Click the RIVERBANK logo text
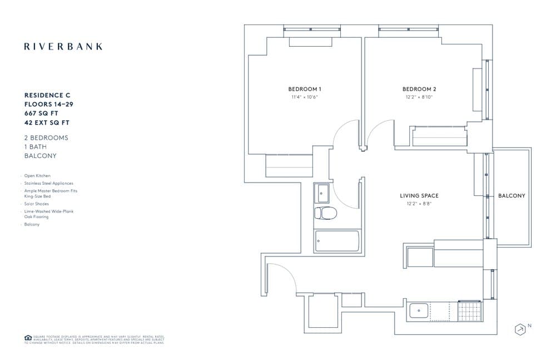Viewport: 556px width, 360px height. (x=63, y=47)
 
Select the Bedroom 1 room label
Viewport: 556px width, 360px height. (x=304, y=89)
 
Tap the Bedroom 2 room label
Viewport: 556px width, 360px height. (x=419, y=89)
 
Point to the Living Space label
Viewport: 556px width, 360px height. (x=419, y=196)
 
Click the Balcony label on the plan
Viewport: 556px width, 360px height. (x=511, y=196)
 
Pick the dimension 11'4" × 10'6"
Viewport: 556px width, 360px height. (x=304, y=97)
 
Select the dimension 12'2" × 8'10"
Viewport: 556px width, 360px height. (x=419, y=97)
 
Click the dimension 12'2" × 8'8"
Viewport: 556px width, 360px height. (x=419, y=204)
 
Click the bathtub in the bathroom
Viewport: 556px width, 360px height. (x=336, y=240)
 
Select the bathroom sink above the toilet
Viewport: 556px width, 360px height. (x=322, y=194)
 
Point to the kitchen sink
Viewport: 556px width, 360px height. (x=419, y=310)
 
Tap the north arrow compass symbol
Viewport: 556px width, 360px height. (x=520, y=329)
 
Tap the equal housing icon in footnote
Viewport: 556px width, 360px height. (x=27, y=338)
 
